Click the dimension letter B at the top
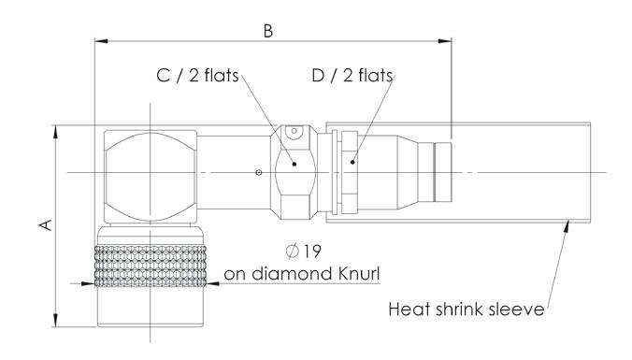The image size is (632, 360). tap(268, 31)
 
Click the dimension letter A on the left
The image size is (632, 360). tap(46, 225)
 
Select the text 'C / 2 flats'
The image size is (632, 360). tap(197, 76)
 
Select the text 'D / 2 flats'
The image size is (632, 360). tap(352, 76)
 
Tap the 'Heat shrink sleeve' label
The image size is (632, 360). tap(467, 310)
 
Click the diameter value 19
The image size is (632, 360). tap(311, 252)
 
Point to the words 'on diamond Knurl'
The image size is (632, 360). tap(302, 274)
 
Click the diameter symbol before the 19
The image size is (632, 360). tap(293, 252)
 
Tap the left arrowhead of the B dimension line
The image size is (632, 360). tap(101, 41)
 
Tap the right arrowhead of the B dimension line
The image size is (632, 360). tap(445, 41)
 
